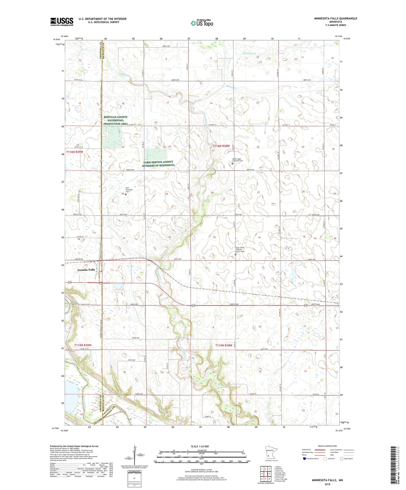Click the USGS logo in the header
(62, 22)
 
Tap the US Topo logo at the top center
(202, 23)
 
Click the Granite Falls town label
(86, 270)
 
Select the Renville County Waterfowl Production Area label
(116, 121)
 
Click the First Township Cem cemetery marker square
(126, 194)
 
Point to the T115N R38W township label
(224, 345)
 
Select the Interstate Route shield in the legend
(304, 459)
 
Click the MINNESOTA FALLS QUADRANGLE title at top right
(335, 18)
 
